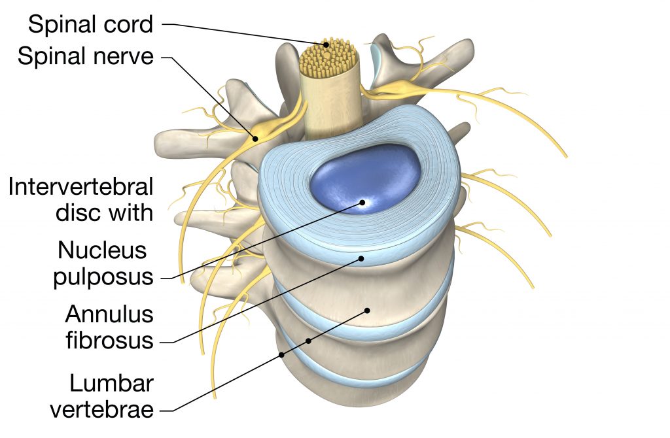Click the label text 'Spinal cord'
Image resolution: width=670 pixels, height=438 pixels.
(91, 24)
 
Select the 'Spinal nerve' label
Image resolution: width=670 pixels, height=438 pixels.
(86, 56)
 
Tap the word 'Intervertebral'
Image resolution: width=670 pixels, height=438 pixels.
(80, 187)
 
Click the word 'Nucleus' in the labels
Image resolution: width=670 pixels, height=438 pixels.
(105, 250)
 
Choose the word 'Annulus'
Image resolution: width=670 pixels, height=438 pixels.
(109, 314)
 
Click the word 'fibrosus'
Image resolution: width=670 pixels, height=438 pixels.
(109, 341)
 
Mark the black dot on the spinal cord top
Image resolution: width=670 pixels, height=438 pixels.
(326, 44)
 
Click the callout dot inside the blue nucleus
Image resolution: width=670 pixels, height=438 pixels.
(361, 203)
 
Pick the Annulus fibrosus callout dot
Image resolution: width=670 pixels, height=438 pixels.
(361, 259)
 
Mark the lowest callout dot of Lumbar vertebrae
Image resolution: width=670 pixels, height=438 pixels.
(282, 355)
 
